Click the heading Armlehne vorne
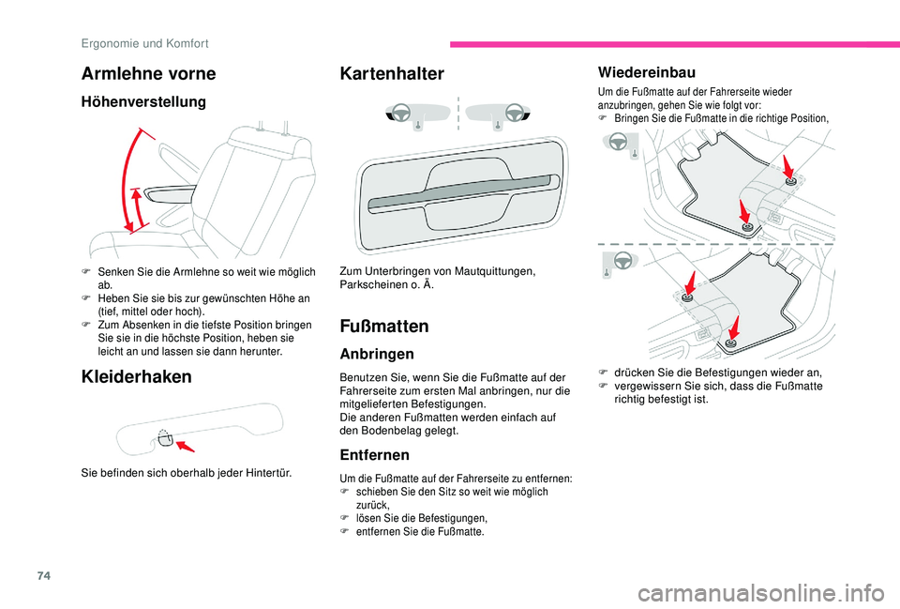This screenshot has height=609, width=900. [148, 73]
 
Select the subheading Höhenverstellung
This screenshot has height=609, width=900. [143, 101]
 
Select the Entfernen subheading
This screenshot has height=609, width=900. [375, 455]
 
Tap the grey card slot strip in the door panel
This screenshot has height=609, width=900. [458, 190]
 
